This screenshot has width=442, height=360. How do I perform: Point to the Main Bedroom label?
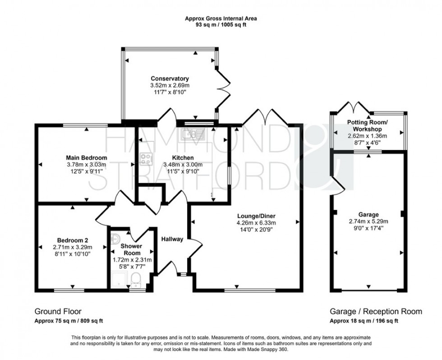click(x=86, y=157)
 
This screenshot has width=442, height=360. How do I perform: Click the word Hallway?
click(x=172, y=239)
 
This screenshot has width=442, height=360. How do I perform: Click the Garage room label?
click(x=368, y=214)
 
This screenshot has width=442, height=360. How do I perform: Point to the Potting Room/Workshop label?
click(x=367, y=126)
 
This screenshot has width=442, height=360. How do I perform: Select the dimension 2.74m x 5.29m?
click(x=368, y=221)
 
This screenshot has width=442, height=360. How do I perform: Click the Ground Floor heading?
click(x=58, y=311)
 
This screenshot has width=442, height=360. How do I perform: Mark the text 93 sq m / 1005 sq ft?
click(x=221, y=25)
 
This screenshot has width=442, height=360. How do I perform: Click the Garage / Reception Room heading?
click(x=376, y=311)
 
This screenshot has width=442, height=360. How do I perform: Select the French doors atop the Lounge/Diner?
click(x=265, y=117)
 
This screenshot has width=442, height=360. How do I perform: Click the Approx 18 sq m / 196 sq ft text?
click(x=364, y=321)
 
